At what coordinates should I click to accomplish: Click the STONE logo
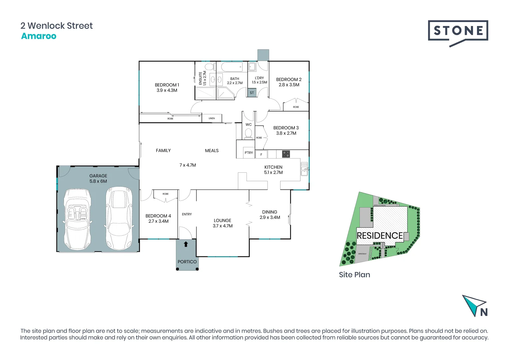click(x=458, y=31)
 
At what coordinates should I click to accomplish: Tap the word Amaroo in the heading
click(x=39, y=36)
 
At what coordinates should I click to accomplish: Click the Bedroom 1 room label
click(x=167, y=85)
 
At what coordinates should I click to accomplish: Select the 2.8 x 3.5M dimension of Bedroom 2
click(x=289, y=85)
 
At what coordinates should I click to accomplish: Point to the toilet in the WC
click(x=249, y=133)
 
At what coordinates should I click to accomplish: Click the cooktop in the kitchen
click(x=286, y=154)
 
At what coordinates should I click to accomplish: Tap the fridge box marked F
click(x=261, y=155)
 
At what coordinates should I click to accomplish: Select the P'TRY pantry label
click(x=249, y=153)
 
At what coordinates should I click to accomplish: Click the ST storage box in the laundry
click(x=252, y=93)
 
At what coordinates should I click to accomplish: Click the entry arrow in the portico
click(x=186, y=244)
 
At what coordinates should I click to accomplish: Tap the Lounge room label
click(x=223, y=221)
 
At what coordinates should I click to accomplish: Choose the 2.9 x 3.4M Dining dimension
click(x=270, y=217)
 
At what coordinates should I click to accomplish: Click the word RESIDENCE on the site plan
click(x=380, y=236)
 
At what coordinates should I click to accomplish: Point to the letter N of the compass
click(x=484, y=312)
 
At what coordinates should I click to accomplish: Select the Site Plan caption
click(x=354, y=275)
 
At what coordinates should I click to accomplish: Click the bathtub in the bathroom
click(x=232, y=67)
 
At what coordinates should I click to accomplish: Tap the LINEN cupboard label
click(x=212, y=118)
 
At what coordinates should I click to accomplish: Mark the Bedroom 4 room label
click(x=158, y=216)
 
